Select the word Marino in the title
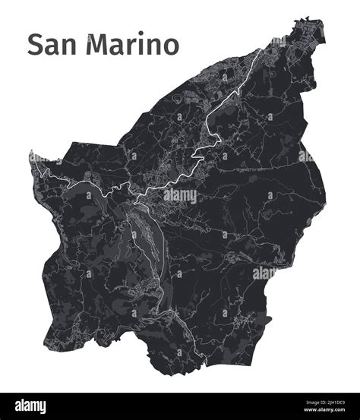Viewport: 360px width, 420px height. click(134, 45)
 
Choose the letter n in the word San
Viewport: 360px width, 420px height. click(71, 47)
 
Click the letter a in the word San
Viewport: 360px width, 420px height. click(53, 47)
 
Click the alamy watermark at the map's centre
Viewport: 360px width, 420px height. click(180, 195)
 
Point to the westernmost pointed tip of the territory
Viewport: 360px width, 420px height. click(31, 153)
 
